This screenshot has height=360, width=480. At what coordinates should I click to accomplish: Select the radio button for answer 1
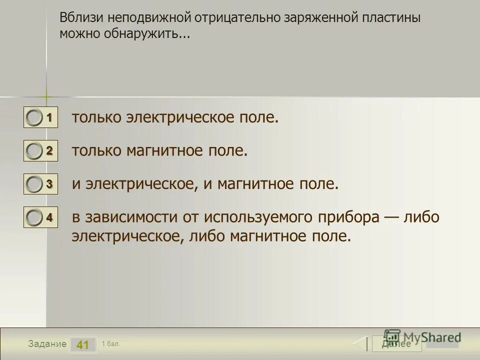(34, 119)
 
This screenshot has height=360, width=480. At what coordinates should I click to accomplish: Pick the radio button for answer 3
(34, 184)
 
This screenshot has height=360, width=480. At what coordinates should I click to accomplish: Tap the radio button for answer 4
(34, 217)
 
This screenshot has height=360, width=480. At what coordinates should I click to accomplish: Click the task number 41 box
(83, 344)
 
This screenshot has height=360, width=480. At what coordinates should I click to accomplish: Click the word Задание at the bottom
(47, 344)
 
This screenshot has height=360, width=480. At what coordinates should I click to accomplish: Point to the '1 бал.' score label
(110, 343)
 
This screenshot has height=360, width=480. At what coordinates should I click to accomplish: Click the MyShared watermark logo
(422, 337)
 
